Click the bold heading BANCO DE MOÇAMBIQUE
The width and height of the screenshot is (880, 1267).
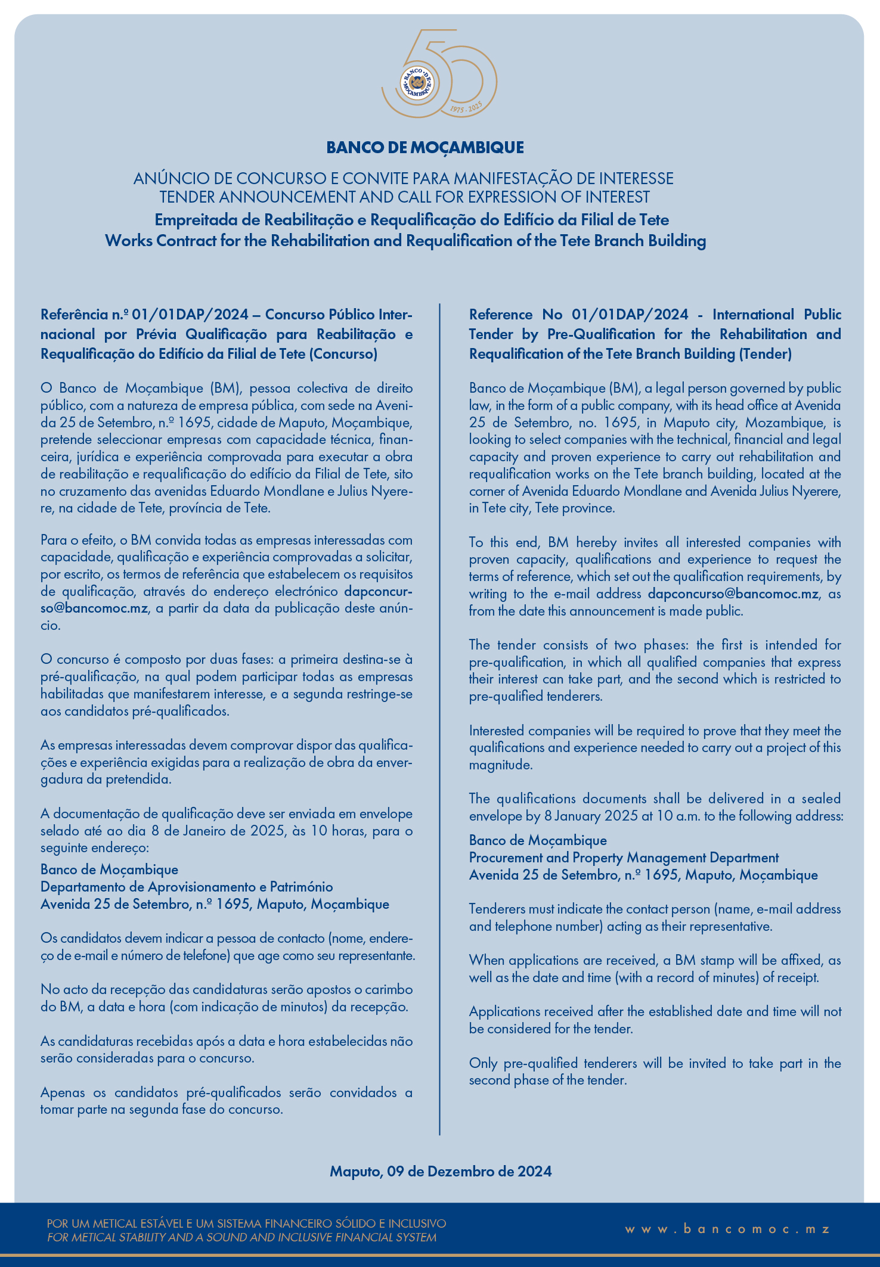[425, 148]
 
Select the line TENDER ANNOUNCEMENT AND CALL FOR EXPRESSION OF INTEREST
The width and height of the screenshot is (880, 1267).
[404, 197]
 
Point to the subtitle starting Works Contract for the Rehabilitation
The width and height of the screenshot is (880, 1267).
[405, 241]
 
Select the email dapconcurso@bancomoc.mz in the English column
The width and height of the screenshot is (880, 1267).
[733, 594]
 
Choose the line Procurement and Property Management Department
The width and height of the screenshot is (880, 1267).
[624, 858]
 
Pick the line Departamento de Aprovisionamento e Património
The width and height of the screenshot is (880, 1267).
[187, 887]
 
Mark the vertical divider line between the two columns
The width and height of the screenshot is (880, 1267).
[440, 715]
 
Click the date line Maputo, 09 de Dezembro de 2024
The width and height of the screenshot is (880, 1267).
[441, 1172]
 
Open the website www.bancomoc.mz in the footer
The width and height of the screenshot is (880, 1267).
[727, 1229]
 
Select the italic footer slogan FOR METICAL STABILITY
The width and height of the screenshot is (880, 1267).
[241, 1238]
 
